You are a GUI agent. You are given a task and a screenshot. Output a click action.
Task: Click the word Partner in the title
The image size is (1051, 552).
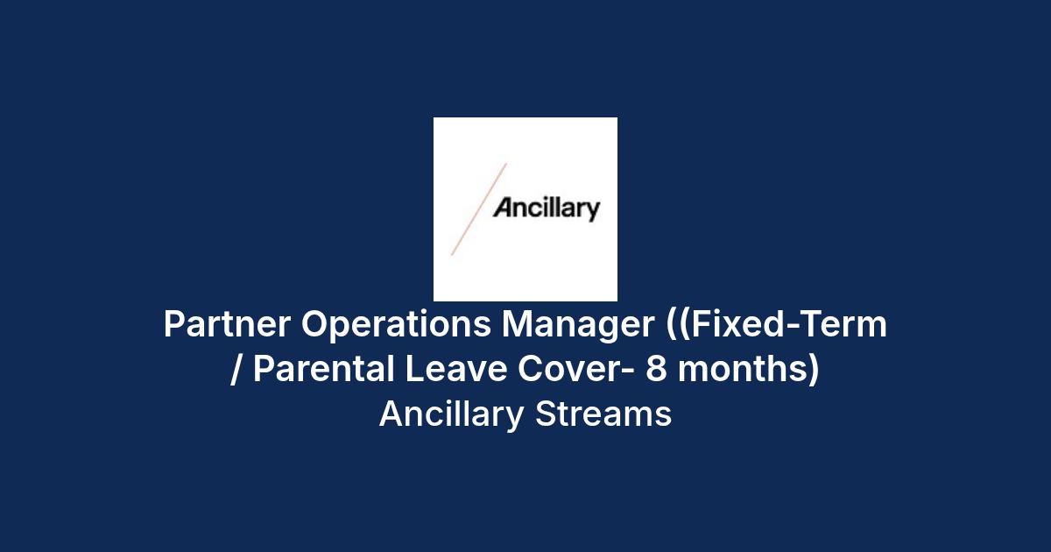click(x=227, y=324)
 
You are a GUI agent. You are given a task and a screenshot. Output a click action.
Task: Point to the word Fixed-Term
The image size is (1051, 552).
click(x=789, y=324)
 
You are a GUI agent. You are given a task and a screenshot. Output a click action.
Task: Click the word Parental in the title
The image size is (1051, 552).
click(x=324, y=369)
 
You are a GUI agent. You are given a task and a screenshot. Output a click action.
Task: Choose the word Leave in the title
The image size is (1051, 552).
click(x=455, y=369)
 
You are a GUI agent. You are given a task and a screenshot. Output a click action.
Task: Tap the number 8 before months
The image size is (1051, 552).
click(x=656, y=369)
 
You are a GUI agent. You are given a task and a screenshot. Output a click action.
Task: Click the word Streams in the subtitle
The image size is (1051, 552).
click(x=603, y=414)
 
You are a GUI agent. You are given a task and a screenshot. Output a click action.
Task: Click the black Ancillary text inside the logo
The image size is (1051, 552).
click(x=547, y=209)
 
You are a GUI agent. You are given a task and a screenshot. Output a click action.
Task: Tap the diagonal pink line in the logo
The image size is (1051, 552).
click(x=479, y=209)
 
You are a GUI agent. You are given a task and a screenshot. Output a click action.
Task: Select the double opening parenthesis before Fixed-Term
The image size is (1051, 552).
click(x=678, y=325)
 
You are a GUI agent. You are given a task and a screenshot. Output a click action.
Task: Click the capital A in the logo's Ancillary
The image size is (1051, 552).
click(x=503, y=208)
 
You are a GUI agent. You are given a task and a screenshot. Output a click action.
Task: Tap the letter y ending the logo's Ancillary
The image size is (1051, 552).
click(x=593, y=212)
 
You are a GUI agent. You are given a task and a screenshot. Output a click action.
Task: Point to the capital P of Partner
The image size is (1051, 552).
click(x=174, y=324)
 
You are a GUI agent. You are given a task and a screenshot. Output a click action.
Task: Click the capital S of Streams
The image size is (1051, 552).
click(x=546, y=414)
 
